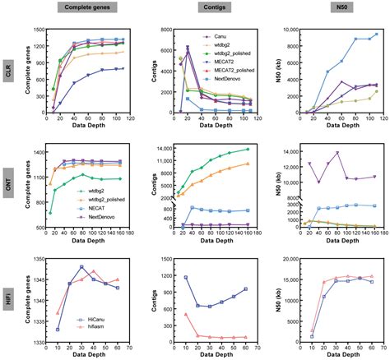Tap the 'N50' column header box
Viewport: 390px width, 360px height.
[x=341, y=7]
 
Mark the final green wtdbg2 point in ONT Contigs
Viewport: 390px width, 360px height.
[x=248, y=150]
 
